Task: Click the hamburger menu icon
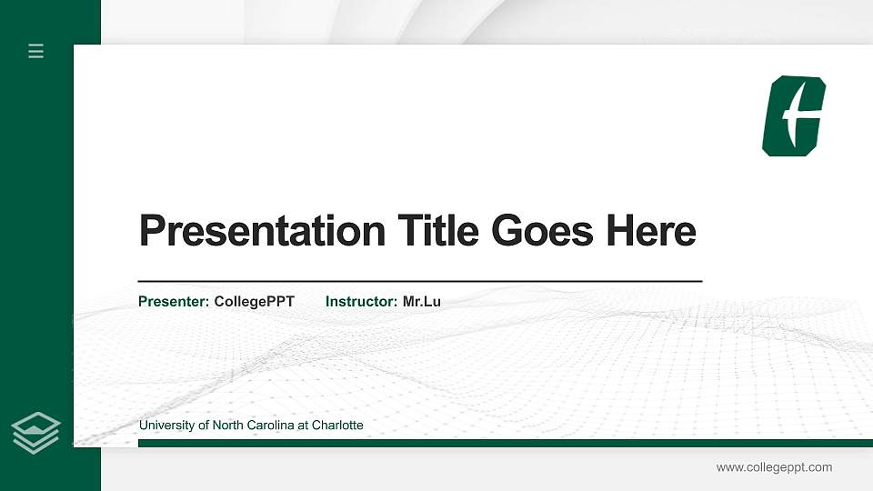point(36,51)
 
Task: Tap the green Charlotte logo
point(793,116)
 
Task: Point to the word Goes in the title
point(543,231)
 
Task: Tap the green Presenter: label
point(174,301)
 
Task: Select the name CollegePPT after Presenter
point(255,301)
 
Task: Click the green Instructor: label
point(361,301)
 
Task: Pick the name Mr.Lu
point(422,301)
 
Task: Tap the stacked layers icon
point(36,432)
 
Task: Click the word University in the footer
point(166,426)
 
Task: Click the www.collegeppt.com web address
point(774,467)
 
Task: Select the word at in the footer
point(303,426)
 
